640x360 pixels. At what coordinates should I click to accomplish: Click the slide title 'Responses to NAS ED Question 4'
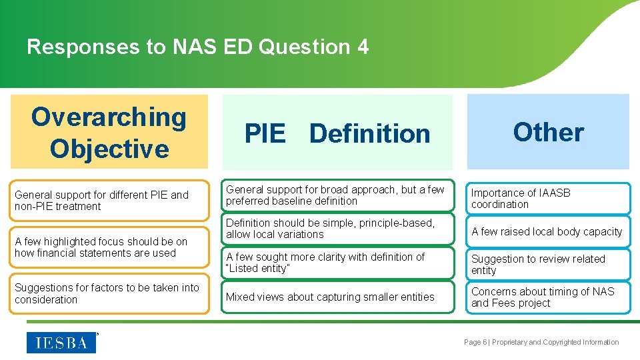tap(197, 47)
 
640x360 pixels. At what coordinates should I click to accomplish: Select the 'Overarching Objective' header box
tap(109, 132)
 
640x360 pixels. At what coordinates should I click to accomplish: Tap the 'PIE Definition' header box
tap(337, 133)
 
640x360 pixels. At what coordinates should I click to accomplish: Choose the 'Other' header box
tap(548, 132)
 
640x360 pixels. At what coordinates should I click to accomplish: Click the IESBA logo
tap(61, 343)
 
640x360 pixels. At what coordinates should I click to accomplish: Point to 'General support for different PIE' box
tap(109, 201)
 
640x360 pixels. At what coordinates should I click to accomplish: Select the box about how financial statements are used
tap(109, 247)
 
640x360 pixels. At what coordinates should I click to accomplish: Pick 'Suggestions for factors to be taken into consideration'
tap(109, 294)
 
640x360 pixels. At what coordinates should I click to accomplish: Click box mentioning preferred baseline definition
tap(337, 195)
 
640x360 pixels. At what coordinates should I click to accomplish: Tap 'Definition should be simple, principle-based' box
tap(337, 229)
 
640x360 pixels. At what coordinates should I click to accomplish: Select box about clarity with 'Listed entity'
tap(337, 263)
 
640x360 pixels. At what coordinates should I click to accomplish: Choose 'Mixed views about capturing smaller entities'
tap(337, 297)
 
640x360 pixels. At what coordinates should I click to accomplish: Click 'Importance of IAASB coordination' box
tap(548, 199)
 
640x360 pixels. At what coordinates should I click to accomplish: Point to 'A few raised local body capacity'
tap(548, 232)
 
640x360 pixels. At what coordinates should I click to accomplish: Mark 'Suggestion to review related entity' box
tap(548, 265)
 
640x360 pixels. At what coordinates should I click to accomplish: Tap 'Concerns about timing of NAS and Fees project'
tap(548, 297)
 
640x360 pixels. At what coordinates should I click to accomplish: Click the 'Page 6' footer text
tap(476, 343)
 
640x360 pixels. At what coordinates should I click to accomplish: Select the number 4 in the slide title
tap(363, 47)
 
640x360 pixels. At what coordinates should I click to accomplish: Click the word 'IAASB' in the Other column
tap(555, 193)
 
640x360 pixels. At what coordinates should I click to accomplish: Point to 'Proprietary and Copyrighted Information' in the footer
tap(555, 343)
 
